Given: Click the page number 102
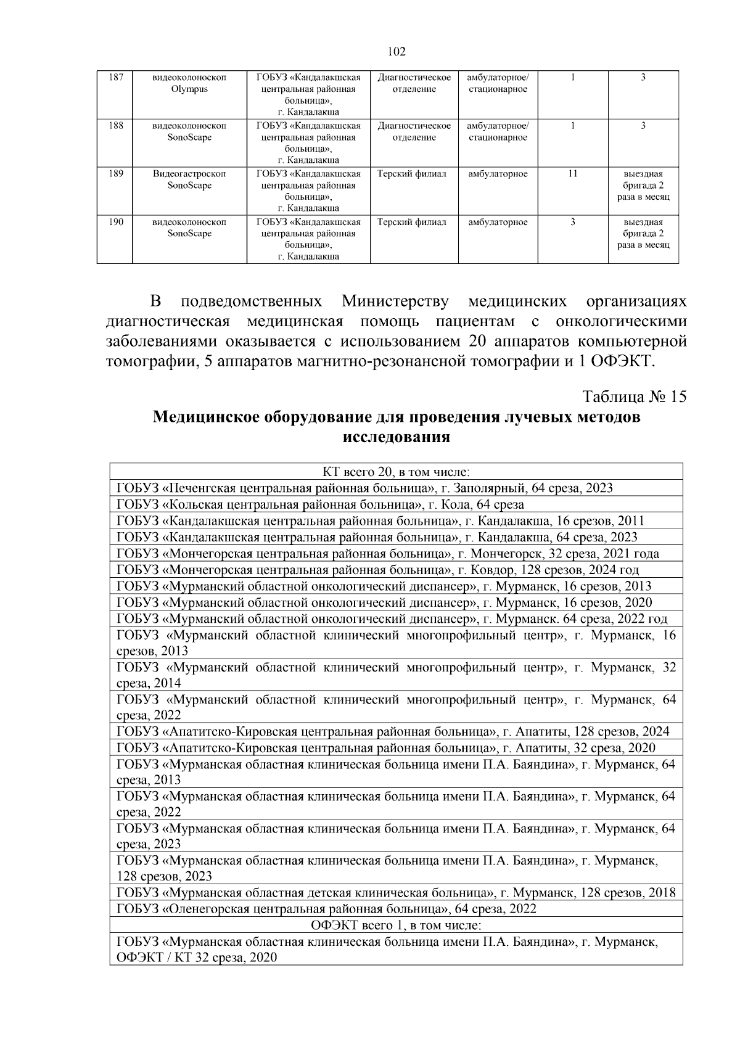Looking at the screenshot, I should (x=397, y=52).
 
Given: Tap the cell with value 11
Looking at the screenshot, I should (x=572, y=174).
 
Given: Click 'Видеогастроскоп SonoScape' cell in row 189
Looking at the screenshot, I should (x=189, y=179).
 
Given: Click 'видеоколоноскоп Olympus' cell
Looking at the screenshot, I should (x=189, y=83).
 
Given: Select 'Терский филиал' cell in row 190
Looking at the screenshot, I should (x=411, y=222).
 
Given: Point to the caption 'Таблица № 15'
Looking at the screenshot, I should (x=634, y=396).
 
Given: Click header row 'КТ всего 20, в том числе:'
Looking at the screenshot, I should (x=396, y=472).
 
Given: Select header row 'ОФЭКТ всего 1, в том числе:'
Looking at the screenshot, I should (x=396, y=925).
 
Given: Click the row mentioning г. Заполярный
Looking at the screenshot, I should (x=364, y=488).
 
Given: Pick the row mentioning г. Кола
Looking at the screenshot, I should (x=320, y=504).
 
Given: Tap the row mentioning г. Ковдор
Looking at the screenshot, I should (x=377, y=569).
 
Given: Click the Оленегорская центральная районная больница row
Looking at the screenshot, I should (x=326, y=908).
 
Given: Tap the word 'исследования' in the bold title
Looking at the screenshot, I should (x=396, y=438).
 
